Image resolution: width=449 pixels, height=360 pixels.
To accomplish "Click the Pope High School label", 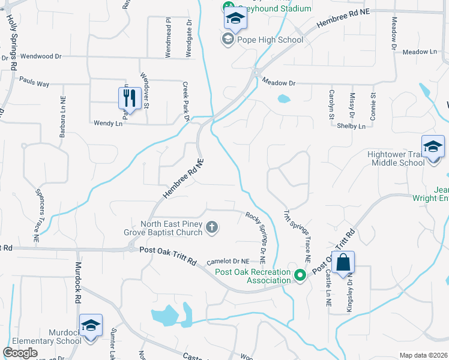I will [270, 40].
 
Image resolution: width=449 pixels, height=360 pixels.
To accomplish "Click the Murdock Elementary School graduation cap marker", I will [91, 326].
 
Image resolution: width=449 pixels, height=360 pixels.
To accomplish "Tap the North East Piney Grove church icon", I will [211, 227].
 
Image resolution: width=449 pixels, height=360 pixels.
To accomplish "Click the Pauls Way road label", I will [34, 82].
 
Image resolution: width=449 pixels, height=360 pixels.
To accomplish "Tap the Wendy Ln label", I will [108, 123].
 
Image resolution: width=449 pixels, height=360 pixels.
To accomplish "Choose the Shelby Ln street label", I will [351, 126].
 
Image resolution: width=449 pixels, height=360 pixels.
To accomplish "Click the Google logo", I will [20, 353].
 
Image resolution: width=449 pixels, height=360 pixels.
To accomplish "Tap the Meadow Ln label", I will [420, 52].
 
